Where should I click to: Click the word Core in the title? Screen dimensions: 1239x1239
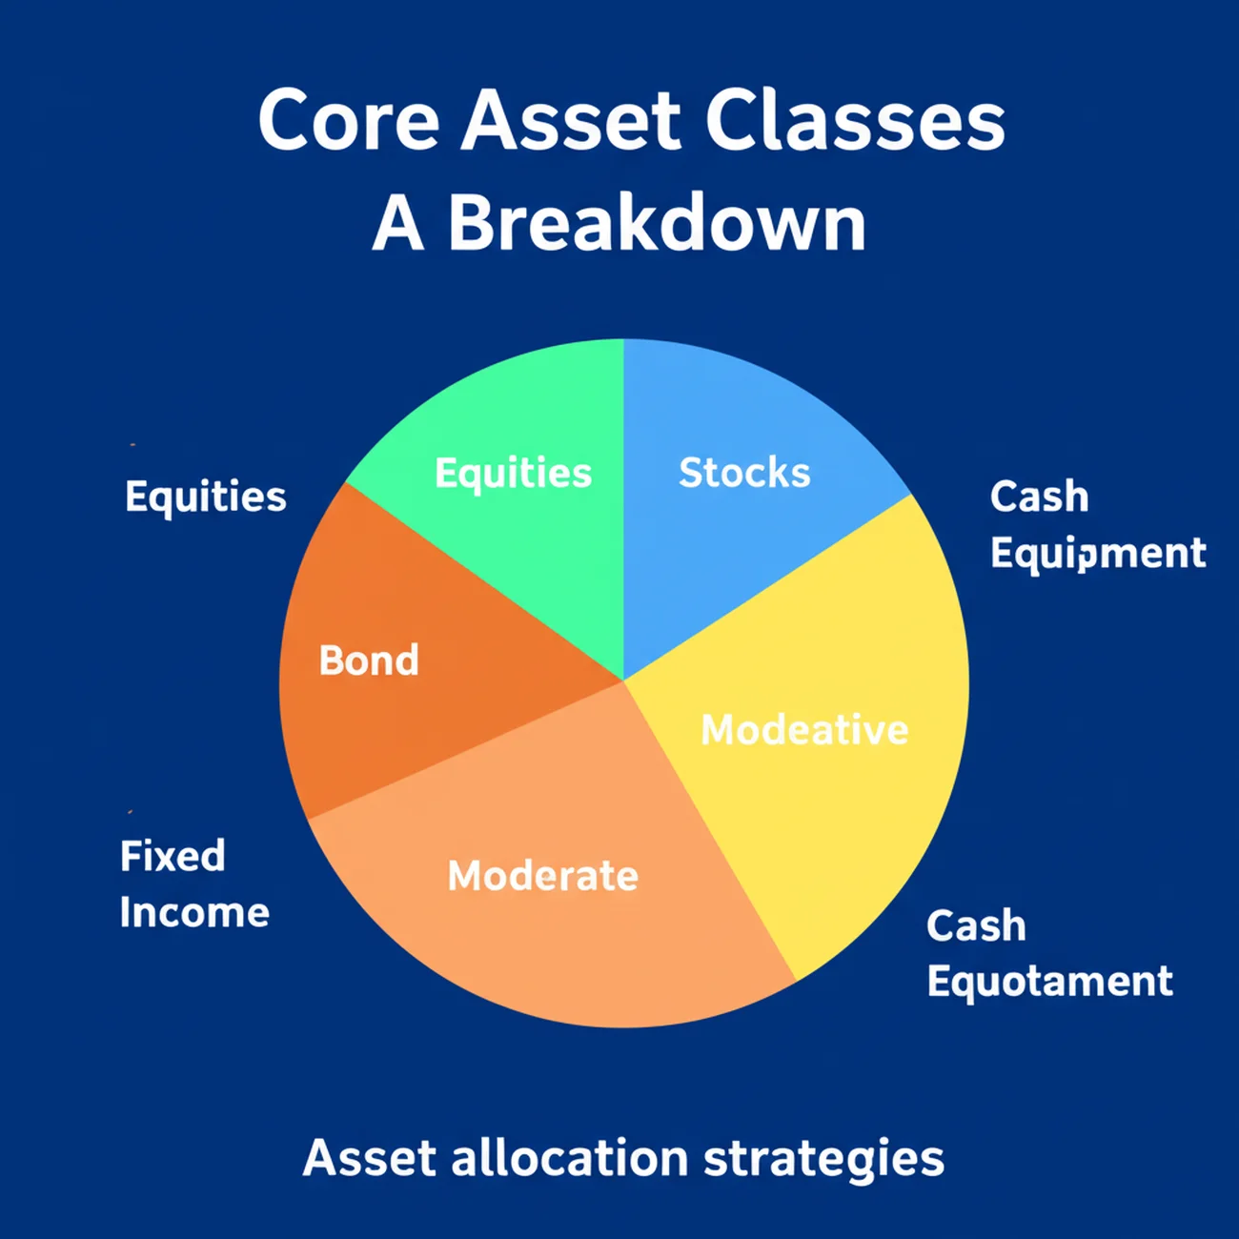(x=348, y=122)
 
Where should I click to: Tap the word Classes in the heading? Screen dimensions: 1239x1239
(x=855, y=122)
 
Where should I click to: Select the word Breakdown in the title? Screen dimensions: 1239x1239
(x=657, y=224)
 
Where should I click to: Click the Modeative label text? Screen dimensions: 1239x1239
(x=804, y=730)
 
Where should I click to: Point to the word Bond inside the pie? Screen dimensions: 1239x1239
(x=369, y=660)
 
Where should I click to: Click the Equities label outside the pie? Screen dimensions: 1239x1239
(x=205, y=498)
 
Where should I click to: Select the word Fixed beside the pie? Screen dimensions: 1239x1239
(x=173, y=856)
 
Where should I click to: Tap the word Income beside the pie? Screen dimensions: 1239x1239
(x=194, y=913)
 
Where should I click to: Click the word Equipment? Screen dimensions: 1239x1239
(x=1098, y=554)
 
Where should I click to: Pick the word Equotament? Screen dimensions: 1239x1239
(x=1049, y=982)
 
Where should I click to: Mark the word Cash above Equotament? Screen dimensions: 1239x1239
(x=976, y=925)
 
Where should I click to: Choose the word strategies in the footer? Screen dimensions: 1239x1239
(x=823, y=1159)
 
